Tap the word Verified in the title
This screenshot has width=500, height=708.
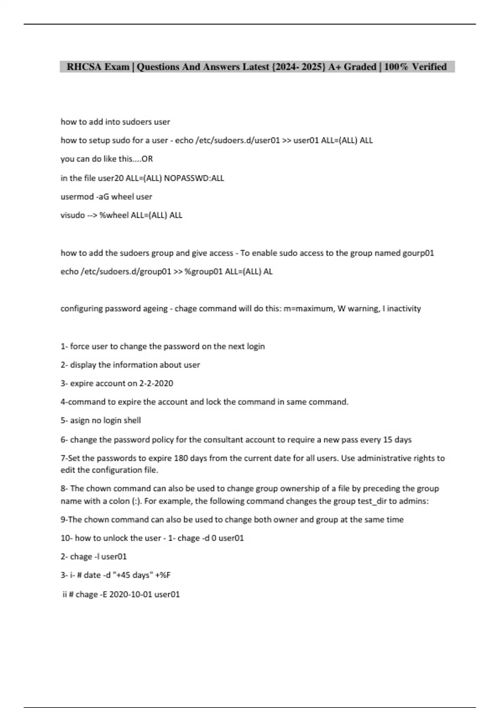(x=429, y=67)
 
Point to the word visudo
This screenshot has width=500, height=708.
(x=72, y=215)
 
